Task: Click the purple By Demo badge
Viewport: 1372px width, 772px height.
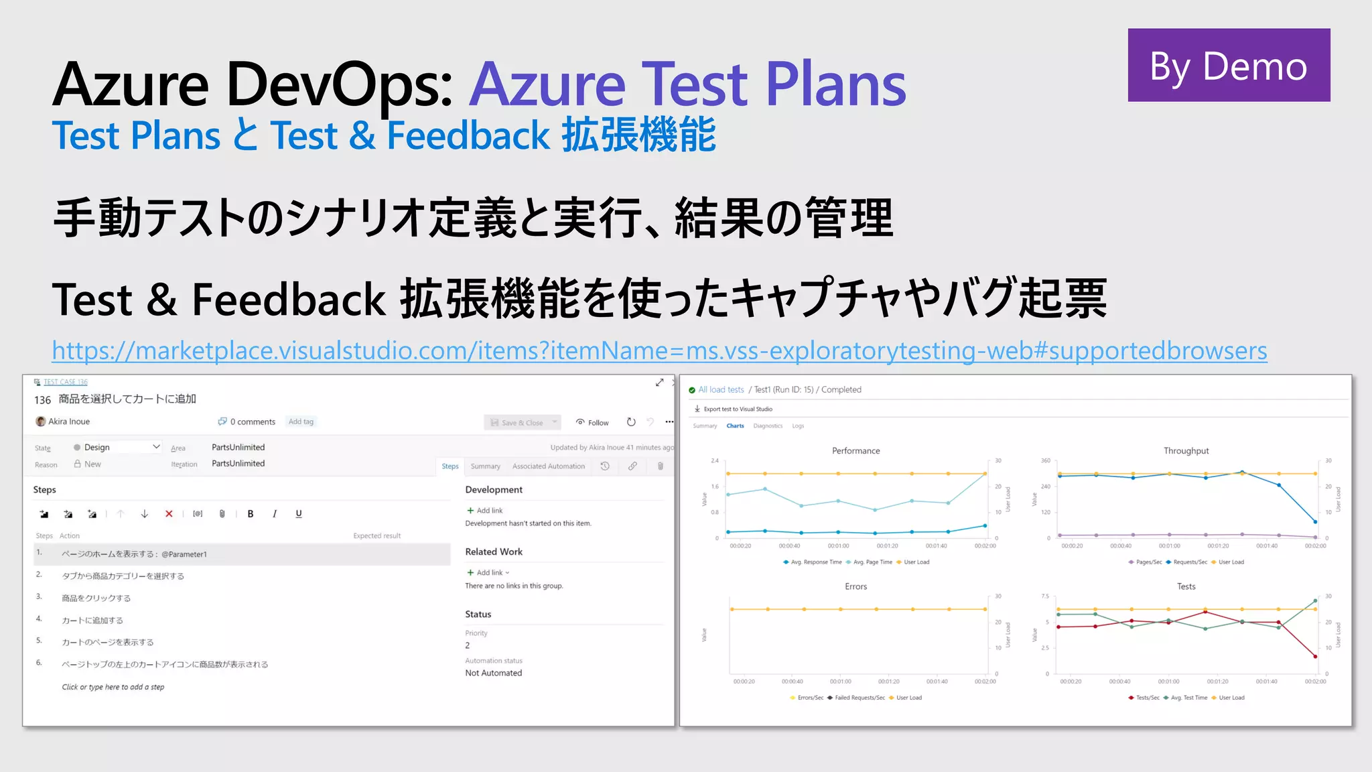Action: pyautogui.click(x=1229, y=65)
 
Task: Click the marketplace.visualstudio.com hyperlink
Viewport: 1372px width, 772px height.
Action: pyautogui.click(x=659, y=350)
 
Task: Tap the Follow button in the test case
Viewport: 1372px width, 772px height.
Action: pyautogui.click(x=592, y=422)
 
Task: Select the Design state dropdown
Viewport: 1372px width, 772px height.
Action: pyautogui.click(x=117, y=447)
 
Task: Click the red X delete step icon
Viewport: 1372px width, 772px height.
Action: pyautogui.click(x=169, y=514)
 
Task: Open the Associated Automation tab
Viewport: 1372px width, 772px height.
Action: pyautogui.click(x=548, y=466)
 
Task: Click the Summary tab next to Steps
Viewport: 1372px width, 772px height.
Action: pyautogui.click(x=485, y=466)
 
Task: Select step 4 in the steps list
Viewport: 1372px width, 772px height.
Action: pyautogui.click(x=92, y=621)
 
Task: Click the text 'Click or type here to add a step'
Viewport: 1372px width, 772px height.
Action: pyautogui.click(x=113, y=687)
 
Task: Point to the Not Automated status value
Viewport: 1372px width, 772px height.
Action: pyautogui.click(x=493, y=673)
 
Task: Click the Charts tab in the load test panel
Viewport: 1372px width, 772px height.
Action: pyautogui.click(x=735, y=426)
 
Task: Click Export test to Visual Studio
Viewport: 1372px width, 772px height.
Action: pyautogui.click(x=737, y=409)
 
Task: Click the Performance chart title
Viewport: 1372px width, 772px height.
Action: pyautogui.click(x=855, y=451)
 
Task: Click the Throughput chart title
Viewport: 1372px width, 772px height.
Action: pyautogui.click(x=1186, y=451)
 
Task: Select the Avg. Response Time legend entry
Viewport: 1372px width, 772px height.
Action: pyautogui.click(x=815, y=562)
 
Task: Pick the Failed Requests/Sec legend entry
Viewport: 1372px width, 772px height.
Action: pyautogui.click(x=859, y=698)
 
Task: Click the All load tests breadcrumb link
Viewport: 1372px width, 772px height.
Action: pyautogui.click(x=721, y=389)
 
